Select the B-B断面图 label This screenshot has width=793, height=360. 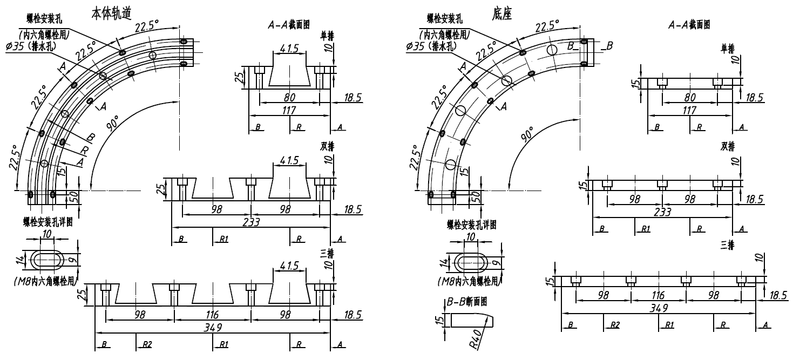[467, 302]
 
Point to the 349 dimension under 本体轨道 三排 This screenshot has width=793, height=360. [212, 327]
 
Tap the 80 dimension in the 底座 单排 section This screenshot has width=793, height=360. [689, 98]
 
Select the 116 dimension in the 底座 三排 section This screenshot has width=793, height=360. [658, 295]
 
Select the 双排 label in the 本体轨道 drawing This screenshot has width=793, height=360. [327, 146]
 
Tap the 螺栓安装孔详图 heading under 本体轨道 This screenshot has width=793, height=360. [48, 222]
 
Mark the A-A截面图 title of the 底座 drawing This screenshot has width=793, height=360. [689, 25]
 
